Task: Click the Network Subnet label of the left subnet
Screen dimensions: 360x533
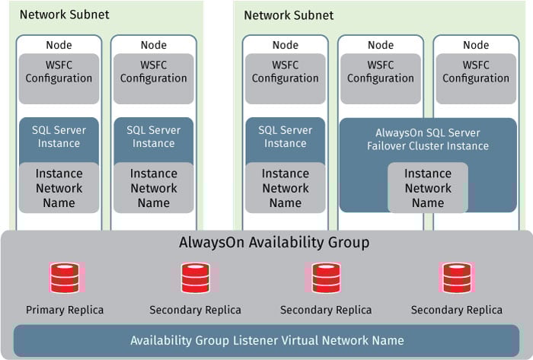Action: coord(64,14)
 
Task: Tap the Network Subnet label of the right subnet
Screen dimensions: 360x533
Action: coord(289,15)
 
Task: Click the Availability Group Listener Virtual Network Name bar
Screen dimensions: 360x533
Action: coord(265,340)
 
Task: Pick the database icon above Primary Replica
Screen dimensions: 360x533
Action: coord(64,279)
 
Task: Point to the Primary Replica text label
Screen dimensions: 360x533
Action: coord(65,310)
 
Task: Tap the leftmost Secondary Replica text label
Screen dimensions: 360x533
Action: coord(196,310)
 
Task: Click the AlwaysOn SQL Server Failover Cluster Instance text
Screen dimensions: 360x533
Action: coord(427,138)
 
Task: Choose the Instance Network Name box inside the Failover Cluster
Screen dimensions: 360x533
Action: coord(427,188)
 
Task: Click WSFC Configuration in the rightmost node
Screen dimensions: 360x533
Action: coord(476,72)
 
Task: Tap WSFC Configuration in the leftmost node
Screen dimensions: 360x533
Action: coord(59,72)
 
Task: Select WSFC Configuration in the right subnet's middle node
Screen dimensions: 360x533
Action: coord(380,72)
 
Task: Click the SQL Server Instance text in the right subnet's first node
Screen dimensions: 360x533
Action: coord(286,136)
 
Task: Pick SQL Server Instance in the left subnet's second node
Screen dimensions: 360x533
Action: coord(153,136)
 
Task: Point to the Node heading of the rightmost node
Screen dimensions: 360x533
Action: coord(476,46)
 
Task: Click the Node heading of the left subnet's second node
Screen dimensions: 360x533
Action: coord(153,46)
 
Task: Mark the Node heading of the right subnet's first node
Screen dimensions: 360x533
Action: coord(286,46)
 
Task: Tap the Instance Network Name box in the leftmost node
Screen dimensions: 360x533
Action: coord(59,188)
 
